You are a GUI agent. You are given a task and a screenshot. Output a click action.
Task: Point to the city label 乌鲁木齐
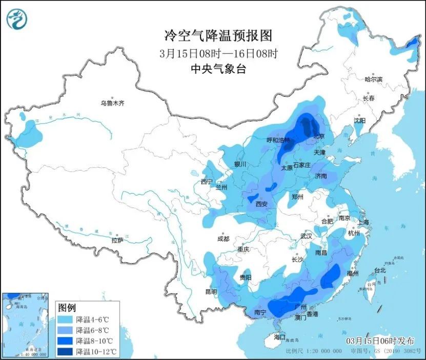click(x=112, y=103)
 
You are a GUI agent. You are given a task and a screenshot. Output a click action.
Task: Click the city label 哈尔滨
click(x=373, y=79)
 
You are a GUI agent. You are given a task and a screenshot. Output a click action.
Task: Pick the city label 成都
click(x=223, y=238)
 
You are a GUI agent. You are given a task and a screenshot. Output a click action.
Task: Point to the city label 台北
click(x=379, y=270)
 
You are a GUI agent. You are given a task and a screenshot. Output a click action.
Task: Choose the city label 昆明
click(x=211, y=291)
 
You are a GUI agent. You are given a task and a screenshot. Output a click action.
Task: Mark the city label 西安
click(x=261, y=204)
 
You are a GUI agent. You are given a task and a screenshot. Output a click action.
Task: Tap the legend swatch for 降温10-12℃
click(x=65, y=351)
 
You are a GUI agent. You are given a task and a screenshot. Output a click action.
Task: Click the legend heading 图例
click(x=67, y=308)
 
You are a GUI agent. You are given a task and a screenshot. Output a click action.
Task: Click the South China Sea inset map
click(x=26, y=324)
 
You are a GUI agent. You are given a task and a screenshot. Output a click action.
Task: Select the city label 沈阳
click(x=359, y=121)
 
